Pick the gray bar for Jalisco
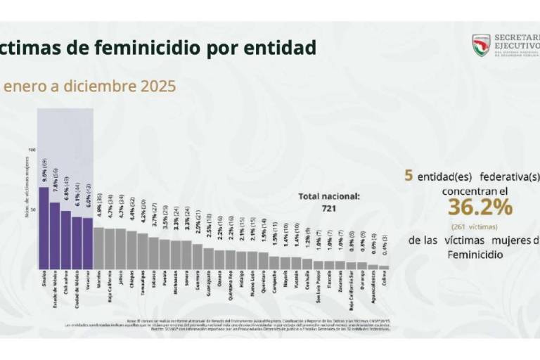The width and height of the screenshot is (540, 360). (120, 249)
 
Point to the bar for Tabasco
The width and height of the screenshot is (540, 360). (153, 253)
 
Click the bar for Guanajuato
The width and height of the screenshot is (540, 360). (208, 258)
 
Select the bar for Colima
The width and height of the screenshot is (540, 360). (383, 267)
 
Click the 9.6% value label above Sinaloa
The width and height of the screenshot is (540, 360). (44, 172)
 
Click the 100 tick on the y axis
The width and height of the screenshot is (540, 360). (32, 150)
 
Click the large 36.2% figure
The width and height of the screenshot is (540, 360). (480, 207)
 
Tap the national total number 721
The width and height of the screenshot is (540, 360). (328, 210)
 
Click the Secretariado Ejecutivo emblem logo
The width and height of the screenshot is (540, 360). (481, 45)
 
